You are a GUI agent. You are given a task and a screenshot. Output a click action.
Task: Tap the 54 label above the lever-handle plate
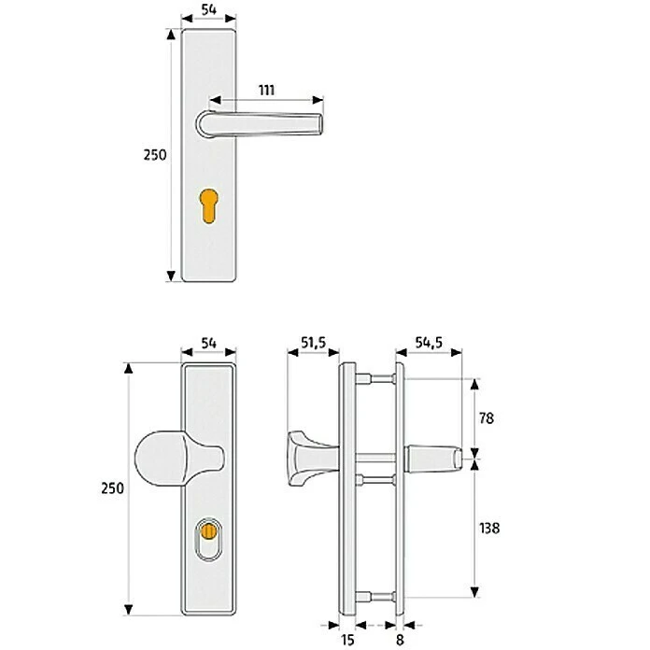[208, 12]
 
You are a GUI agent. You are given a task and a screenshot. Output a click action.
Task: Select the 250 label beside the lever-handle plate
[155, 155]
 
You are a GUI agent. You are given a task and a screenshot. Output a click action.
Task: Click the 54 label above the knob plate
[208, 345]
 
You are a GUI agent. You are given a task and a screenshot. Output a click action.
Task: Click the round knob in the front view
[168, 460]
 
